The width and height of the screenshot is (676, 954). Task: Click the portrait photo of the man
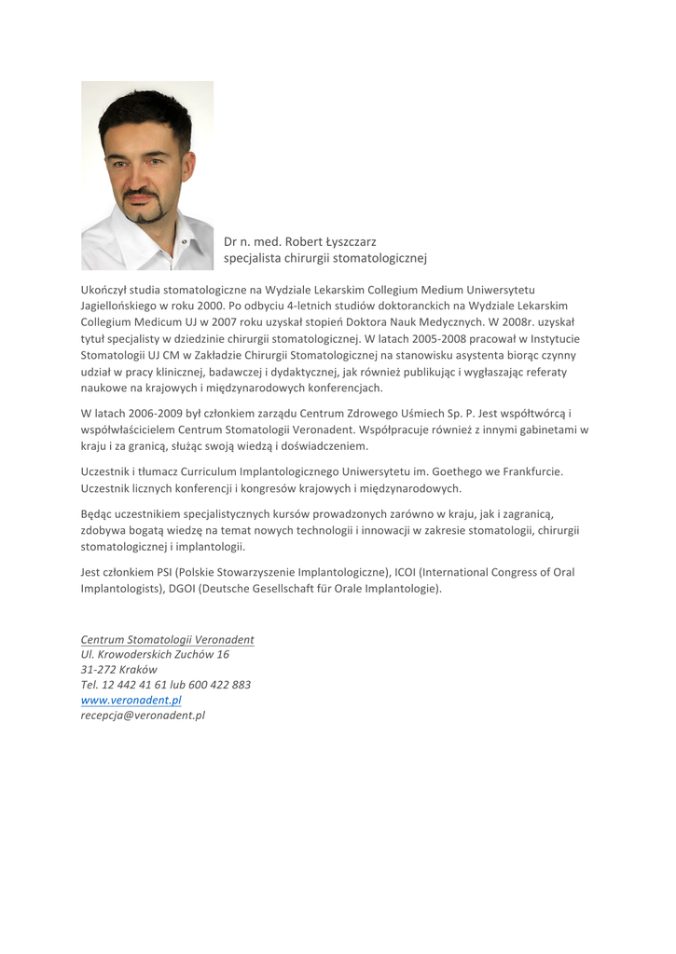coord(147,175)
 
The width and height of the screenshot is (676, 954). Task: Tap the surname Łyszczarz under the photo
coord(350,242)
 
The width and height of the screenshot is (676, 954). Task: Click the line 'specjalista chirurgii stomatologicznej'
coord(324,258)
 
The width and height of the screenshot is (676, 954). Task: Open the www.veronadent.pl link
coord(131,700)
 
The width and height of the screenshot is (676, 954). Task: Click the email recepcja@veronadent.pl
coord(143,715)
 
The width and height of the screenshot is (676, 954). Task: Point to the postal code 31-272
coord(99,669)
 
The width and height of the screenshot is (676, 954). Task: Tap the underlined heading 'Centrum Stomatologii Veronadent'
coord(168,640)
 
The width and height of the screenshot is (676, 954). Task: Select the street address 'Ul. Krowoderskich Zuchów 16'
coord(155,654)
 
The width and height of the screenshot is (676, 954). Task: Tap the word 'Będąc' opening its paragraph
coord(97,512)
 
